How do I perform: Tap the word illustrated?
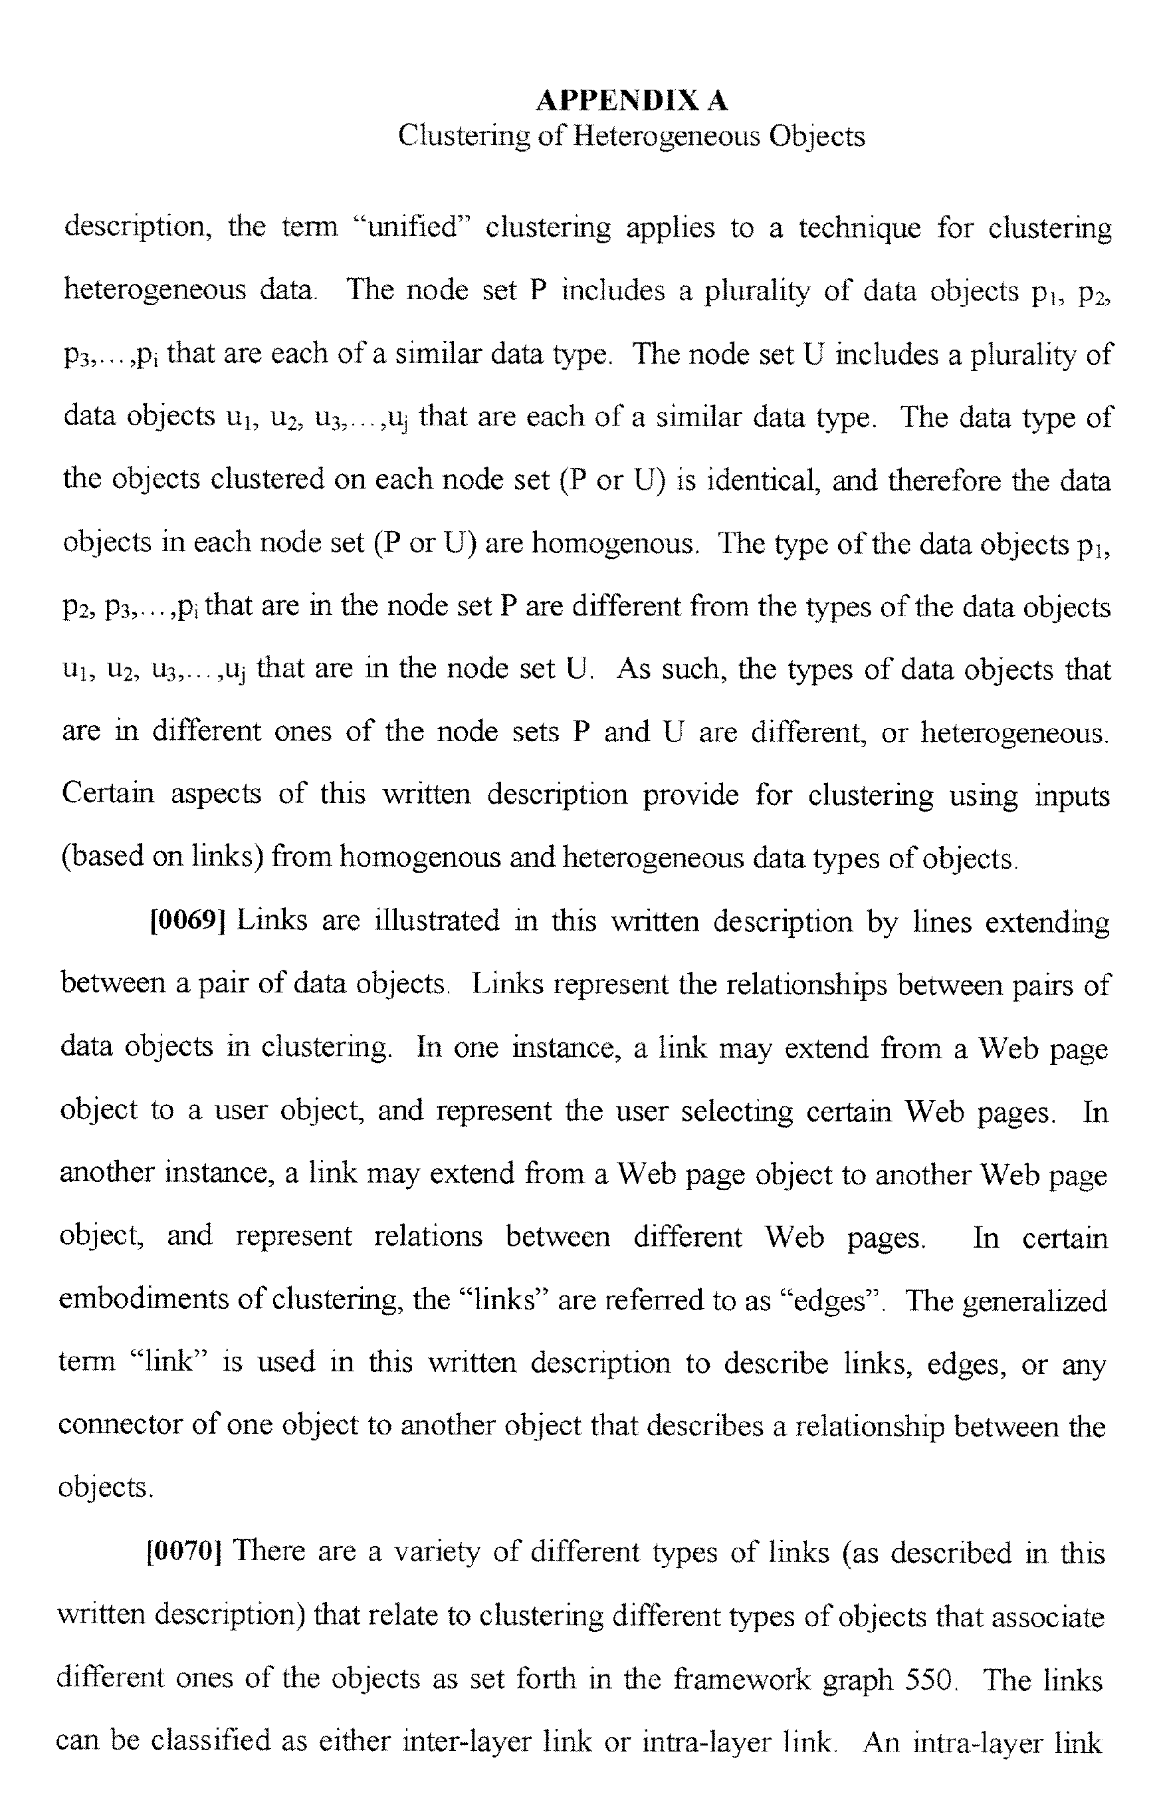click(437, 921)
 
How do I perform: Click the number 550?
click(928, 1678)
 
